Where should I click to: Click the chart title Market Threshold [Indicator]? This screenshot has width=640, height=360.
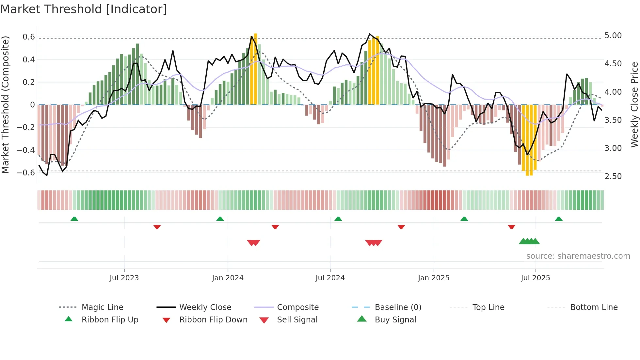(84, 9)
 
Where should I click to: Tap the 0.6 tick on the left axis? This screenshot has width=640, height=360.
(29, 37)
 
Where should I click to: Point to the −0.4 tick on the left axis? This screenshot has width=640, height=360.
(26, 150)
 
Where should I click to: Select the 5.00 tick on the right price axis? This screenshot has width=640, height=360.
(613, 36)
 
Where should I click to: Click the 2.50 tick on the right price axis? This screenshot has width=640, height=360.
(613, 176)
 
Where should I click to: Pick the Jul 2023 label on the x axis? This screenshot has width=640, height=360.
(124, 278)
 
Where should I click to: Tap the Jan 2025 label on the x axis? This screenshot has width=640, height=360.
(433, 278)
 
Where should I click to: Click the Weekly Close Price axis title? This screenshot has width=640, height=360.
(634, 105)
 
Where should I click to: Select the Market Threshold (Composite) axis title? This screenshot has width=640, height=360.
(5, 105)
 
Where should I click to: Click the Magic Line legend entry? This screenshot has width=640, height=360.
(102, 307)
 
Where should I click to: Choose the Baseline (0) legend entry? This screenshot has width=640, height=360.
(398, 307)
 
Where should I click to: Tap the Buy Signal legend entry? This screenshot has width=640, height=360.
(395, 320)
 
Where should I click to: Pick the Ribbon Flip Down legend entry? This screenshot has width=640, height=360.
(213, 320)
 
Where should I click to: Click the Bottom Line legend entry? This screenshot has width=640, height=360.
(594, 307)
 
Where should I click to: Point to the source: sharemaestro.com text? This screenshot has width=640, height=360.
(578, 256)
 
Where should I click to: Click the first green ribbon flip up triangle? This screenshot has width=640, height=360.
(74, 219)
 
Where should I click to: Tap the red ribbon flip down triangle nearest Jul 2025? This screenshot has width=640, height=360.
(511, 227)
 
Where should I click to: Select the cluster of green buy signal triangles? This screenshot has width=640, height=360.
(529, 241)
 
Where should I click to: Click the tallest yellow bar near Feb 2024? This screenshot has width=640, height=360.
(255, 69)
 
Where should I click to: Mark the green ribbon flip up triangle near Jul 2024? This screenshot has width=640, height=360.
(338, 219)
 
